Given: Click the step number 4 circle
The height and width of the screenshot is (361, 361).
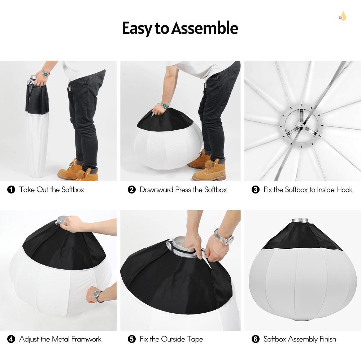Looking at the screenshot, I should pos(11,339).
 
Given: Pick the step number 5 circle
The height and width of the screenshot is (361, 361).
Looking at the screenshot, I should pos(132,339).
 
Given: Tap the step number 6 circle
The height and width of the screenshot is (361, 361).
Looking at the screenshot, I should pos(256,339).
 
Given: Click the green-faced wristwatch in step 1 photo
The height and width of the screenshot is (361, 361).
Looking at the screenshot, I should pos(45,73).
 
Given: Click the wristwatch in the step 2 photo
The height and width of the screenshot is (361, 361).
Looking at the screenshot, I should pos(165,105).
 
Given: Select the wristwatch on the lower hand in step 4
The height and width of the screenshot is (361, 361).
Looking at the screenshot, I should pos(96,294).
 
